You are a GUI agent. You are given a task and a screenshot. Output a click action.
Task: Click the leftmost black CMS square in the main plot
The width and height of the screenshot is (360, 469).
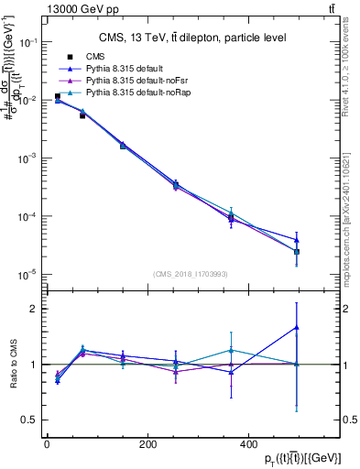pyautogui.click(x=57, y=96)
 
